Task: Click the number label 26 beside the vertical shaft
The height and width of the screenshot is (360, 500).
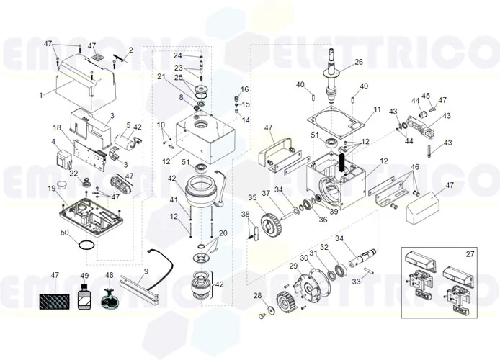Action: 358,63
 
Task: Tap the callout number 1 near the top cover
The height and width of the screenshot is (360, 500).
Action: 41,94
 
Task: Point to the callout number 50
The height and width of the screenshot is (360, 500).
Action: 64,233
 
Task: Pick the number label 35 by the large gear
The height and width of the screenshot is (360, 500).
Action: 252,197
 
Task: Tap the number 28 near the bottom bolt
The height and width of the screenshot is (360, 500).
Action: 257,296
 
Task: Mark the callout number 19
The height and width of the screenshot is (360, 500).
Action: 52,189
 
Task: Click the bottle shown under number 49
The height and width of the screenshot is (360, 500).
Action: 84,297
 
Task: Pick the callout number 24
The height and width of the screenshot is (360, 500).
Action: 177,55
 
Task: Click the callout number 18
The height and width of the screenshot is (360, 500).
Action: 56,127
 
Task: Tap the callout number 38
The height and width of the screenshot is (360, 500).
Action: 245,214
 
